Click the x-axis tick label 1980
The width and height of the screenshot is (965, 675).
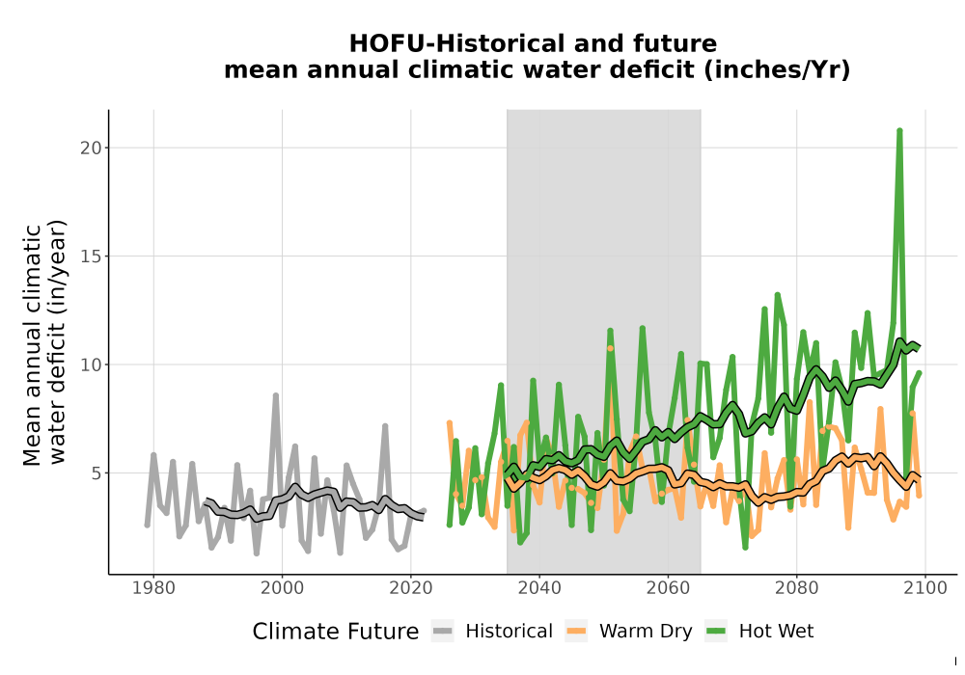pyautogui.click(x=153, y=587)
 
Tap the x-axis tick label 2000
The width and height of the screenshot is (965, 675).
pyautogui.click(x=282, y=587)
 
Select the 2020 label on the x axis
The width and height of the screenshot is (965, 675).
pyautogui.click(x=410, y=587)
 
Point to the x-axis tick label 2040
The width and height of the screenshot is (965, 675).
pyautogui.click(x=539, y=587)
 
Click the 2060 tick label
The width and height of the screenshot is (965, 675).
pyautogui.click(x=668, y=587)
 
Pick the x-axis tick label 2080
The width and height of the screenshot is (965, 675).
pyautogui.click(x=796, y=587)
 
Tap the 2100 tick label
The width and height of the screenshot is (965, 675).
pyautogui.click(x=925, y=587)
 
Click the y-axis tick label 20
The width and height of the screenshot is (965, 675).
pyautogui.click(x=91, y=148)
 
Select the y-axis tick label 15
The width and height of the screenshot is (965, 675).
pyautogui.click(x=91, y=256)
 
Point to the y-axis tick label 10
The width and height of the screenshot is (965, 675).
pyautogui.click(x=91, y=364)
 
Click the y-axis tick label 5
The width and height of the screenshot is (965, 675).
pyautogui.click(x=96, y=473)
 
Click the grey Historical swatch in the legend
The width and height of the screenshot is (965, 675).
pyautogui.click(x=443, y=631)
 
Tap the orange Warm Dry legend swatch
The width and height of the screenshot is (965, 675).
pyautogui.click(x=577, y=631)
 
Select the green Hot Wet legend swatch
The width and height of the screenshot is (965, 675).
pyautogui.click(x=716, y=631)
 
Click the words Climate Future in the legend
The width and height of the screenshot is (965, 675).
pyautogui.click(x=336, y=632)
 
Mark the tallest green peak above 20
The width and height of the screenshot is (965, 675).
pyautogui.click(x=899, y=130)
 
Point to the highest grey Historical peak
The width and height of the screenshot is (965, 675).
pyautogui.click(x=276, y=395)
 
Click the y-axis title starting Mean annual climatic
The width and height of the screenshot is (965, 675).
pyautogui.click(x=44, y=342)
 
